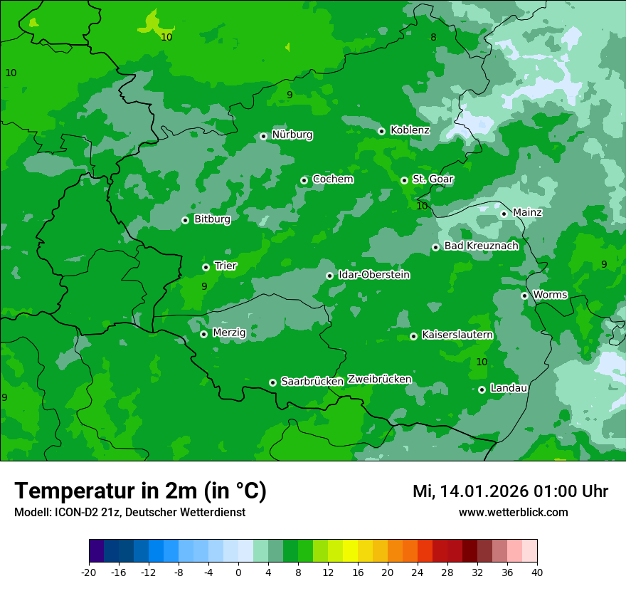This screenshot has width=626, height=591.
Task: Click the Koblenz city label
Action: pos(410,130)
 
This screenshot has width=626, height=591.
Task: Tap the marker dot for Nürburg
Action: pos(263,136)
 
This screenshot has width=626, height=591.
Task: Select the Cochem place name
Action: pos(332,179)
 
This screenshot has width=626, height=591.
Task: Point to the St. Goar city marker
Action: pos(404,180)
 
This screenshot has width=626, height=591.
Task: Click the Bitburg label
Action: pos(212,219)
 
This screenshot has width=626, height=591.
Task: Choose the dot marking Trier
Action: pos(206,267)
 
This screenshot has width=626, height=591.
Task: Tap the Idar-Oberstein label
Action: pos(373,275)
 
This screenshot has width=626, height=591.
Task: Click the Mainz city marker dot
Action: pos(504,214)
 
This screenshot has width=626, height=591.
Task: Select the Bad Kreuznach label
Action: pos(481,246)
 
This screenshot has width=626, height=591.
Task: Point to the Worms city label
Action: pos(550,295)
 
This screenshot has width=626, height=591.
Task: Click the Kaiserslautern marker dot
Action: pos(413,336)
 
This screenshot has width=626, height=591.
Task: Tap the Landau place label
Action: pos(509,388)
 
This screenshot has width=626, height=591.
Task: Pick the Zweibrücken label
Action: pos(379,380)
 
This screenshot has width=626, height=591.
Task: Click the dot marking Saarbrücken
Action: pos(272,382)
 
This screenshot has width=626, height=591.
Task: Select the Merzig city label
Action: pos(229,333)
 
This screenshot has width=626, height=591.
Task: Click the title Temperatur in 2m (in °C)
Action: pos(140,491)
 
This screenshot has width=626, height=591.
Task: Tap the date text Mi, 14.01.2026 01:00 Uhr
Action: pos(510,491)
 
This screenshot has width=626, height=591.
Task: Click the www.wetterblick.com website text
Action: pos(513,513)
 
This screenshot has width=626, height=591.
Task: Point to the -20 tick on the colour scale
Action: pos(89,572)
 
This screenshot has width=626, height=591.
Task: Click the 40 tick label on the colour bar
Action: pos(536,572)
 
